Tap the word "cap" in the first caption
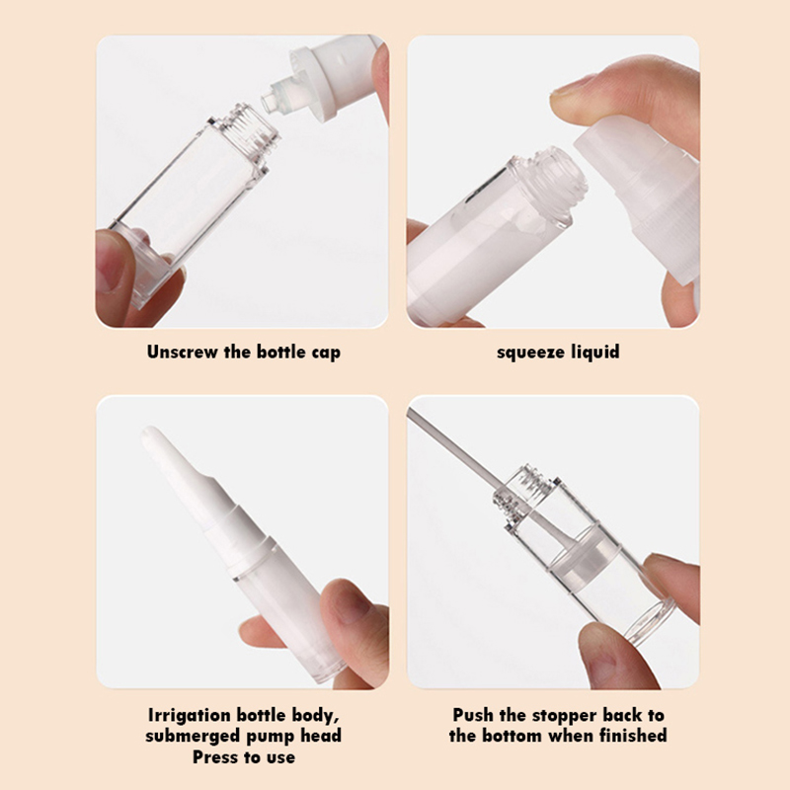pyautogui.click(x=326, y=353)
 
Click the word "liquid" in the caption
pyautogui.click(x=595, y=352)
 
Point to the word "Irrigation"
pyautogui.click(x=189, y=715)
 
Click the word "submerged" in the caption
pyautogui.click(x=193, y=736)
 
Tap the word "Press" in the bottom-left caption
pyautogui.click(x=215, y=756)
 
